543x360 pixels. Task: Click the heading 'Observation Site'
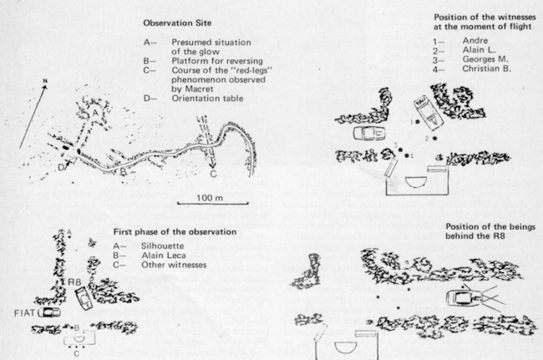coord(177,23)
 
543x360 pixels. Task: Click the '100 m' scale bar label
coord(210,198)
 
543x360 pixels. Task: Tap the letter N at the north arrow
coord(45,81)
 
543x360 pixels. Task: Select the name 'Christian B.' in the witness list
coord(486,68)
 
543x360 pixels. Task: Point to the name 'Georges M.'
coord(485,59)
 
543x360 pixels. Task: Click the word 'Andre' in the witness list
coord(475,40)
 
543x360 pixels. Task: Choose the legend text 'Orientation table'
coord(207,99)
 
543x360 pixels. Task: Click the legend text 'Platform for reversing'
coord(217,61)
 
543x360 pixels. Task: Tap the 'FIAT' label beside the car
coord(24,313)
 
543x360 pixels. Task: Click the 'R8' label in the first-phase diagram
coord(74,282)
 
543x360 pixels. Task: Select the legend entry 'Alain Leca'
coord(164,256)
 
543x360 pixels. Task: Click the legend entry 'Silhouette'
coord(162,246)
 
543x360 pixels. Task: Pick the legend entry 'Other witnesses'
coord(174,265)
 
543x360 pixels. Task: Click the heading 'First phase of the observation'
coord(175,231)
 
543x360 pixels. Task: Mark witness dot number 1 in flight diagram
coord(418,122)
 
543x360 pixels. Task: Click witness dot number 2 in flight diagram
coord(435,138)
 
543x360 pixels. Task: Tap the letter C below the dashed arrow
coord(213,174)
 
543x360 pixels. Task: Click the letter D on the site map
coord(61,168)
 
